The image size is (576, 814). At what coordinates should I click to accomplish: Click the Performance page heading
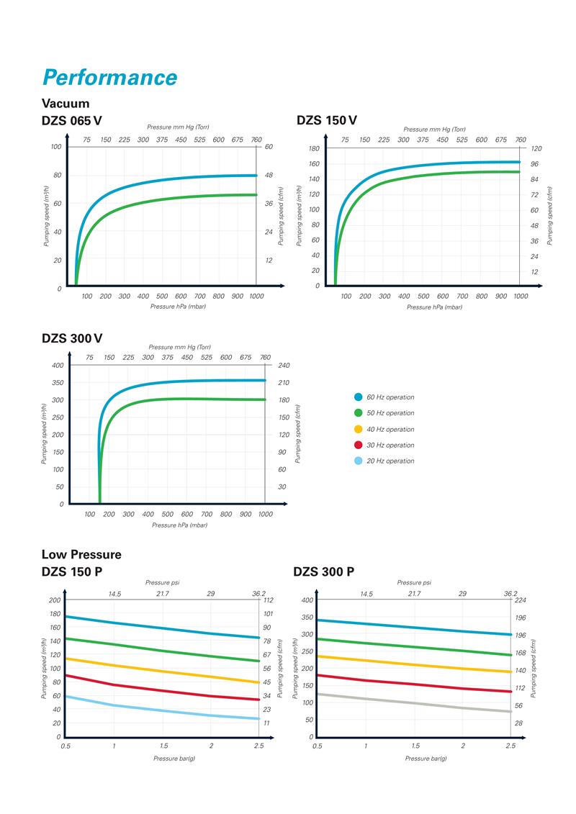pyautogui.click(x=109, y=77)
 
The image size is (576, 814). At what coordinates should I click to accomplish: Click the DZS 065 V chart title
pyautogui.click(x=76, y=120)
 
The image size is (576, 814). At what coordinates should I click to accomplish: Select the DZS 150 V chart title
pyautogui.click(x=326, y=120)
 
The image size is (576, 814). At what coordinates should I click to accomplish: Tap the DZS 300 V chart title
pyautogui.click(x=72, y=338)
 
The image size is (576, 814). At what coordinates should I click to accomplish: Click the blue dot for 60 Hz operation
pyautogui.click(x=358, y=397)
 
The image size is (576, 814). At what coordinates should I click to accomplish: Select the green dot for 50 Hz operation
pyautogui.click(x=358, y=413)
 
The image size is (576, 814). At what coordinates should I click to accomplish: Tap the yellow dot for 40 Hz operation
pyautogui.click(x=358, y=429)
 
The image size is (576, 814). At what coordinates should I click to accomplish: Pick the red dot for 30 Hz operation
pyautogui.click(x=358, y=445)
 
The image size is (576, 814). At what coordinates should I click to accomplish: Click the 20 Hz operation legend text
pyautogui.click(x=390, y=461)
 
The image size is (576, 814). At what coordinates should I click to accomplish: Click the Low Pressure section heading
pyautogui.click(x=81, y=554)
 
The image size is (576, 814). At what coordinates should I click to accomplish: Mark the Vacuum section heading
pyautogui.click(x=66, y=104)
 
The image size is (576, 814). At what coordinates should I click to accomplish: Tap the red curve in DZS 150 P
pyautogui.click(x=162, y=690)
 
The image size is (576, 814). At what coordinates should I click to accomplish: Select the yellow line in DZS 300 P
pyautogui.click(x=414, y=663)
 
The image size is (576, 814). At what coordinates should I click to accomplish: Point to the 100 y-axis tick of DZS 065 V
pyautogui.click(x=55, y=147)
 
